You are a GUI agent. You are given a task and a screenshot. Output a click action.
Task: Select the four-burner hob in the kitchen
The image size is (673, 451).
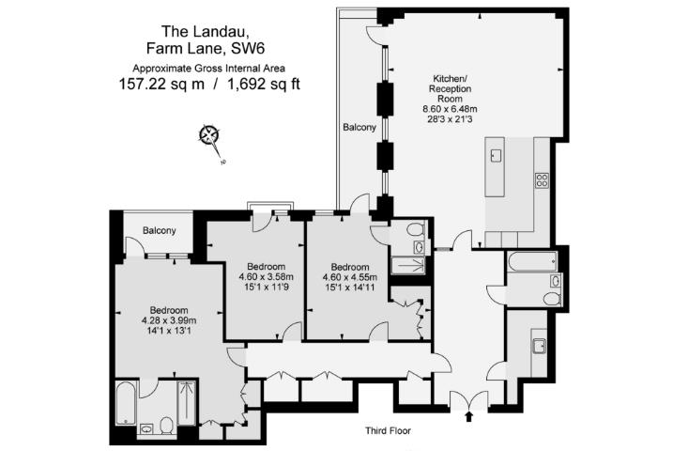point(542,179)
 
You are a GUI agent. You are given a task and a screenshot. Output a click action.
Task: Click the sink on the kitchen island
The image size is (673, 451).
point(497,155)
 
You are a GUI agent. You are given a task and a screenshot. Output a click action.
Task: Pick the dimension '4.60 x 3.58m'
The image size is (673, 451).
point(266,276)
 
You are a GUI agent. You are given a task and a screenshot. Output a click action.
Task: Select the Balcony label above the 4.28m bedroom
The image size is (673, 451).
point(157,231)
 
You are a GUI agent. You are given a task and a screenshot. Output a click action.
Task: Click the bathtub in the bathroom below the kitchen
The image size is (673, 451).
point(528,262)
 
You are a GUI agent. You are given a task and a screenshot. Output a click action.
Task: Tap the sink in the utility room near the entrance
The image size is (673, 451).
point(540,345)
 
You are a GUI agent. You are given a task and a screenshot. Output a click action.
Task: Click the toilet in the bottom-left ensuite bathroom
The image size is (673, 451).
point(164,426)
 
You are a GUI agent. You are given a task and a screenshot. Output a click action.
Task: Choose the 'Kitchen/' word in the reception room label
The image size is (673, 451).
point(451,78)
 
